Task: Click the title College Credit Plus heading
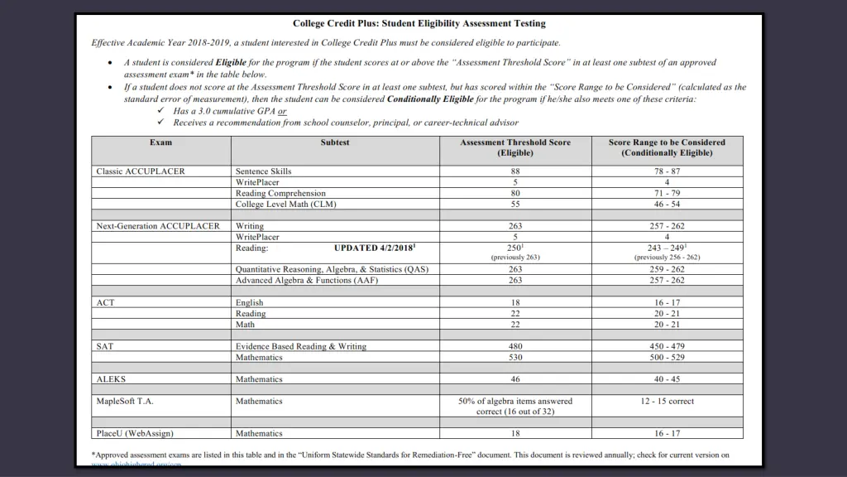(x=419, y=24)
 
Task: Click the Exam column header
(x=161, y=142)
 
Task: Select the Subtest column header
(x=335, y=142)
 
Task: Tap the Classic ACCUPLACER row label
(x=141, y=171)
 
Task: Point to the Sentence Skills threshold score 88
(x=515, y=171)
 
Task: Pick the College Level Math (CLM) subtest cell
(x=286, y=204)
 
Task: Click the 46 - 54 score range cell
(x=667, y=204)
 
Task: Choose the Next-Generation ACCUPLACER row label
(x=158, y=226)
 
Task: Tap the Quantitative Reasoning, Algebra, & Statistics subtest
(x=332, y=269)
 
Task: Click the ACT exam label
(x=105, y=303)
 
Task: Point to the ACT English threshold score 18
(x=515, y=303)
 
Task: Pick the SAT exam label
(x=105, y=346)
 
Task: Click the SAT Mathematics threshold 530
(x=515, y=358)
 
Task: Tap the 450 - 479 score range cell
(x=667, y=346)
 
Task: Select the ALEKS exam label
(x=111, y=379)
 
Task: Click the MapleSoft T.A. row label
(x=125, y=402)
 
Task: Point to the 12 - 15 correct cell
(x=667, y=402)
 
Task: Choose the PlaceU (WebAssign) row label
(x=135, y=433)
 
